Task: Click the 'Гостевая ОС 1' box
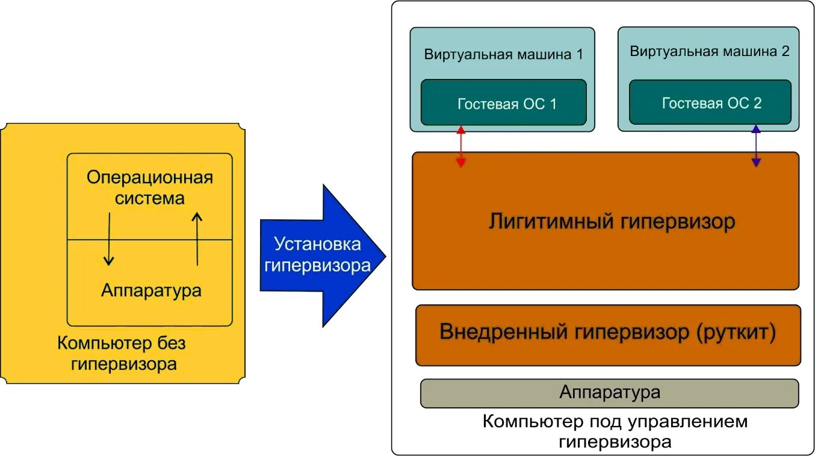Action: [x=503, y=103]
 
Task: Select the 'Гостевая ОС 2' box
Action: [x=710, y=103]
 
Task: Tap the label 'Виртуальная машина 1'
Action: [x=503, y=54]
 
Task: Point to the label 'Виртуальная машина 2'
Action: [x=709, y=52]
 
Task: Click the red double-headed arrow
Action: [x=461, y=146]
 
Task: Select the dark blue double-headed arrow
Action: [x=756, y=146]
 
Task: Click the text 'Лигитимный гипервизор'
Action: [x=611, y=222]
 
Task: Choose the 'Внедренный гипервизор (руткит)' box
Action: [x=608, y=334]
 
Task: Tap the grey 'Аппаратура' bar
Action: [x=609, y=393]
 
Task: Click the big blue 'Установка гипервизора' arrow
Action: [x=319, y=255]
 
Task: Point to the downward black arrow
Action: [x=108, y=239]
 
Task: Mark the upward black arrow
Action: [x=197, y=239]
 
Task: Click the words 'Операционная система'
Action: [x=149, y=187]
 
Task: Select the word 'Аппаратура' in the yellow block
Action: [x=151, y=290]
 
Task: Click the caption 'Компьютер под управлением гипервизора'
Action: [x=614, y=431]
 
